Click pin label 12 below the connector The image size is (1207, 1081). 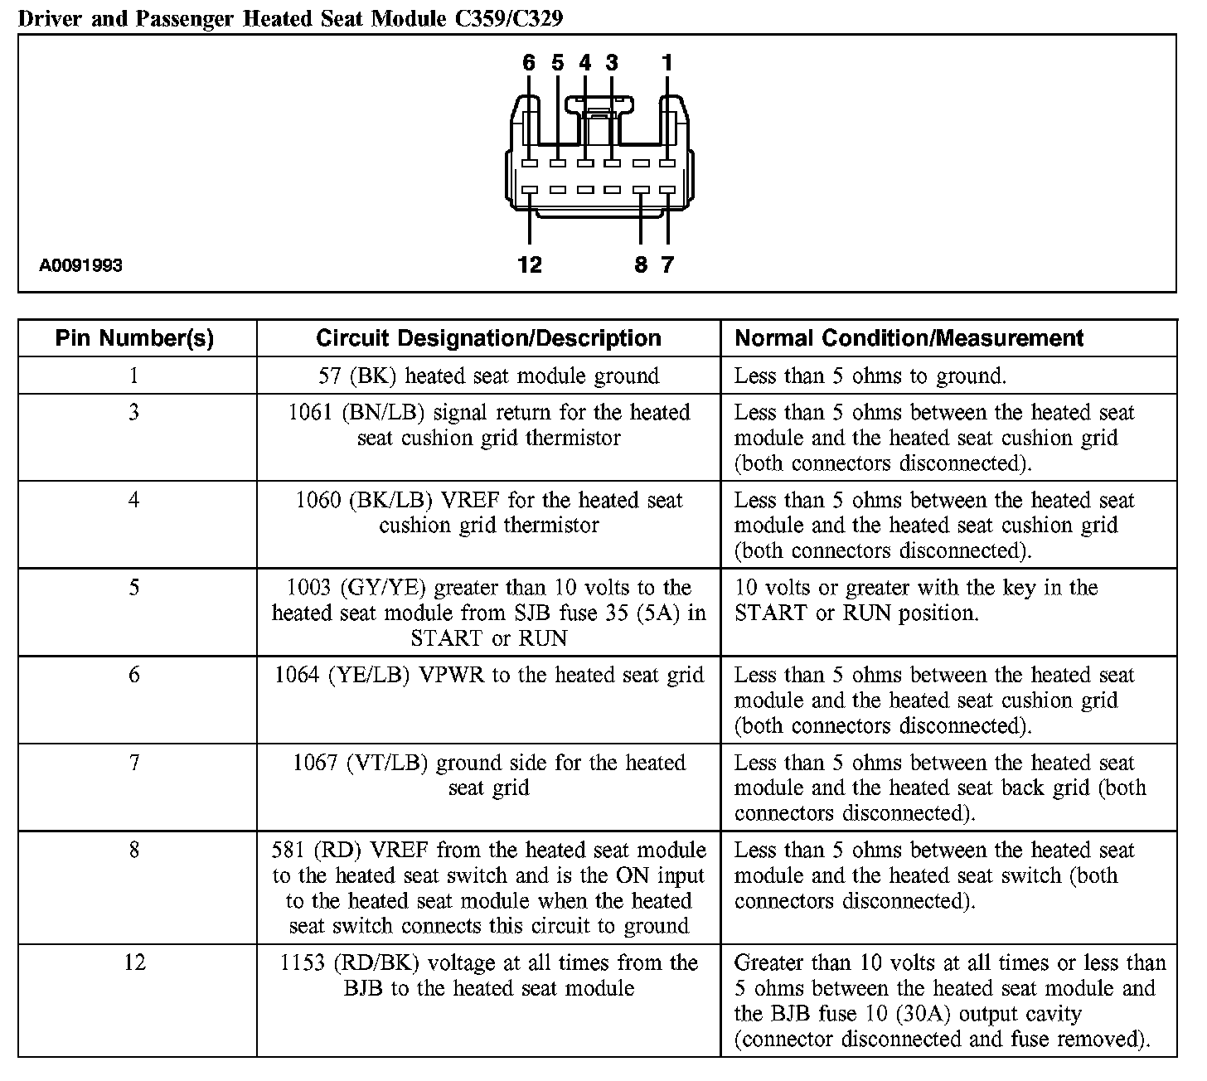(529, 264)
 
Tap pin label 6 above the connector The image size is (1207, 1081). (529, 63)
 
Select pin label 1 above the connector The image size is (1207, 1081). (667, 63)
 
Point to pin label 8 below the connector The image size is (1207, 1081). (641, 264)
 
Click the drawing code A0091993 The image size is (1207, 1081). (80, 265)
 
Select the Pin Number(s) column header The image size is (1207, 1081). (134, 338)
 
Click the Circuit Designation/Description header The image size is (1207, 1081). (488, 338)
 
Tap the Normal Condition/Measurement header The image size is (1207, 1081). (909, 338)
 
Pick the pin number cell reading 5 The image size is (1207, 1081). (134, 588)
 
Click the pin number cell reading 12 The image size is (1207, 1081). (134, 962)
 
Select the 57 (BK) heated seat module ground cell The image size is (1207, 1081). (488, 376)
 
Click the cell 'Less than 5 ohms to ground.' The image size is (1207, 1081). (870, 376)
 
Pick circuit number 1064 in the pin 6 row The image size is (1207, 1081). (297, 676)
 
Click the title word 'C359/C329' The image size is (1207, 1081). (508, 18)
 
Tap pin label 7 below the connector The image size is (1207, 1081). (667, 264)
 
